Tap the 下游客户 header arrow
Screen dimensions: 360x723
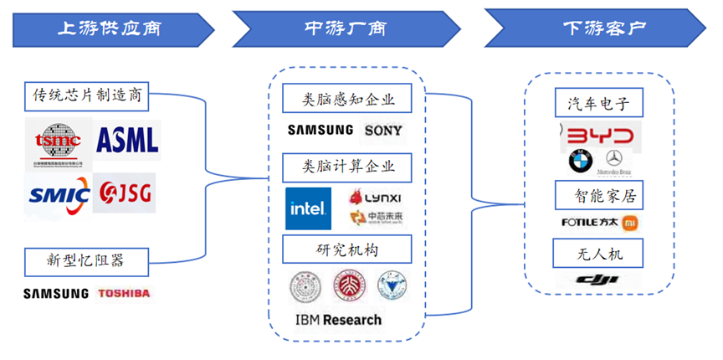598,28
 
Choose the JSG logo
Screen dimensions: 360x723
123,194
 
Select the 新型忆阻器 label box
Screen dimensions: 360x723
87,260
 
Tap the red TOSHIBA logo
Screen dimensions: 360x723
124,293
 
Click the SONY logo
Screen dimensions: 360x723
383,130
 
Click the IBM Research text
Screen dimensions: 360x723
338,320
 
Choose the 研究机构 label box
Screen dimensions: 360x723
347,249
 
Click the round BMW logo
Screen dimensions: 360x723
581,162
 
